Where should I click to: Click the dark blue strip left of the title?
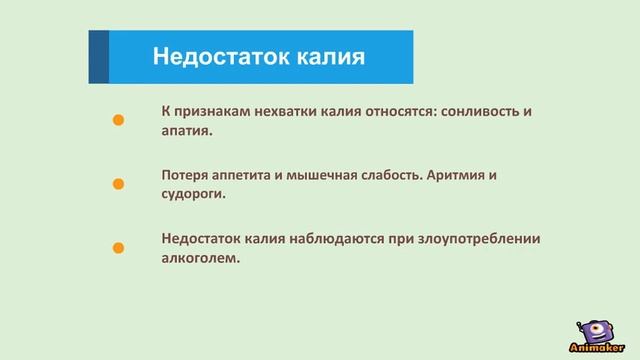point(98,56)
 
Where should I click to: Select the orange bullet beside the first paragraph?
point(117,120)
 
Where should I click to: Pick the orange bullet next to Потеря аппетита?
point(117,184)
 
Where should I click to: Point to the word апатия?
point(186,130)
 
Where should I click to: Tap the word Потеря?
point(185,175)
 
